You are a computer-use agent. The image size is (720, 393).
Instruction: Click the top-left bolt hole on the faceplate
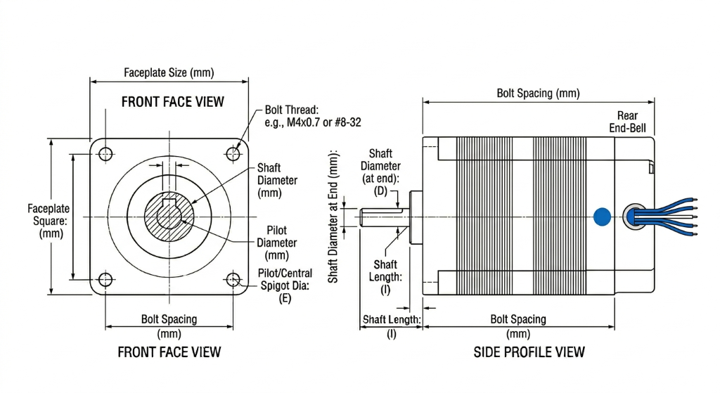106,153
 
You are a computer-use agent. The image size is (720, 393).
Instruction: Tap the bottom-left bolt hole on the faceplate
105,280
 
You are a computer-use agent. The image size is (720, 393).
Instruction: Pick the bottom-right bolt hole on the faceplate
233,281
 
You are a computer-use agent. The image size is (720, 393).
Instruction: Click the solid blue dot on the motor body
602,217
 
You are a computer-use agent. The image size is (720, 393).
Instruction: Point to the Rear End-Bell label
627,122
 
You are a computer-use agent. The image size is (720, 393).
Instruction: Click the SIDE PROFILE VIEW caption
529,352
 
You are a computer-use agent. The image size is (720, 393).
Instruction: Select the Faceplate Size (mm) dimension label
169,72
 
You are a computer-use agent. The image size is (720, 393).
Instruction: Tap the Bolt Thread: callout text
291,110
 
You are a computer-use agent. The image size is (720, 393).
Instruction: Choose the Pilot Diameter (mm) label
276,243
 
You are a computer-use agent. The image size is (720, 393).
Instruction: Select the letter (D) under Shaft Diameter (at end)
380,191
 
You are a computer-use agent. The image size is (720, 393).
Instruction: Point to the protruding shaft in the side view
383,217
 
